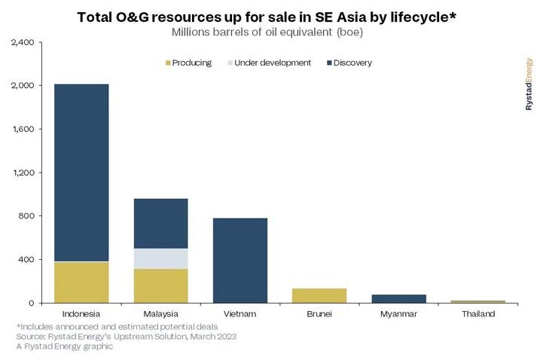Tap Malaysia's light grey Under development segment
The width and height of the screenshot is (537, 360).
click(x=160, y=258)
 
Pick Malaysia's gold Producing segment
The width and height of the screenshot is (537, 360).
click(x=160, y=285)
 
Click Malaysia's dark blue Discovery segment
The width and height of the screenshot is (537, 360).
click(x=160, y=223)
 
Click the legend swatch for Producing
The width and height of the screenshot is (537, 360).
click(x=166, y=63)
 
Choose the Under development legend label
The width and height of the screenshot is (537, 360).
click(x=272, y=63)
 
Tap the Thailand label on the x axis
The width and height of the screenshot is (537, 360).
click(x=478, y=313)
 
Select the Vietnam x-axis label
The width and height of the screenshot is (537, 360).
click(x=240, y=313)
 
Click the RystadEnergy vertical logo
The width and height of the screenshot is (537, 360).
click(x=529, y=85)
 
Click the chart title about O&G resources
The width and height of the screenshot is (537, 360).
click(x=268, y=17)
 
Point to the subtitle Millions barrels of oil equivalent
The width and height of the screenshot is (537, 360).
click(x=268, y=32)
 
